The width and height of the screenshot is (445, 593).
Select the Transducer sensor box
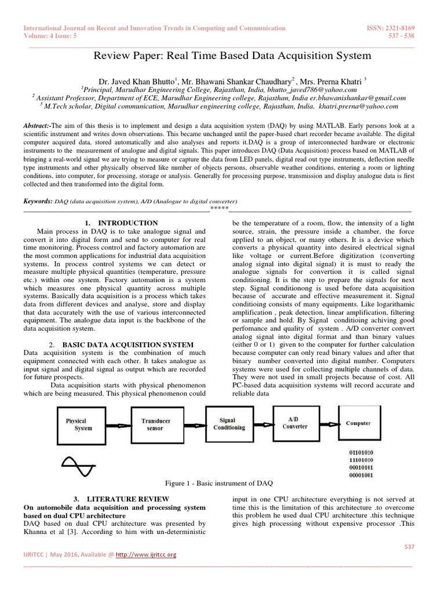coord(155,424)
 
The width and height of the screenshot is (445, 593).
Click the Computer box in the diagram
coord(363,423)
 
